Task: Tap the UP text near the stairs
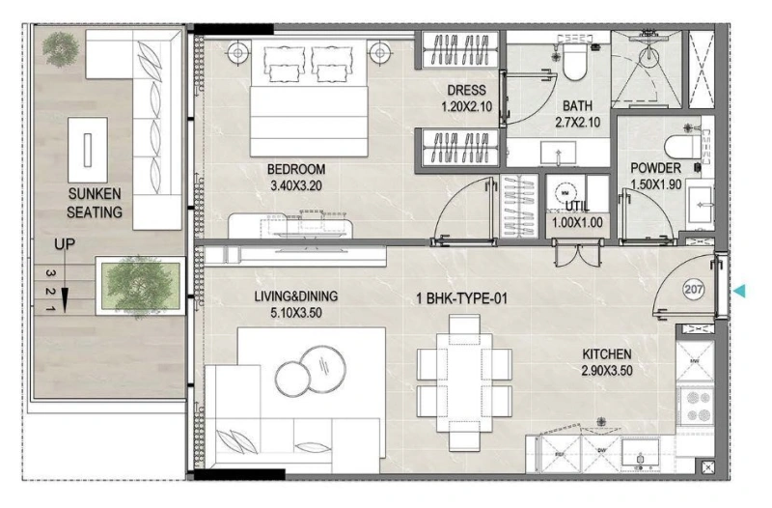[x=65, y=246]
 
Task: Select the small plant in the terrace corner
[x=61, y=44]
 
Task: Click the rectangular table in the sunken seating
[x=89, y=147]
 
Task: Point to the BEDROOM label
[x=297, y=169]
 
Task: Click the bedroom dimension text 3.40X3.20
[x=297, y=185]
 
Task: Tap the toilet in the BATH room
[x=575, y=60]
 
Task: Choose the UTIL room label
[x=577, y=206]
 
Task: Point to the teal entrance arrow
[x=740, y=290]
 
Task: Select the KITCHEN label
[x=607, y=354]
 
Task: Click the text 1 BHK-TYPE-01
[x=461, y=299]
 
